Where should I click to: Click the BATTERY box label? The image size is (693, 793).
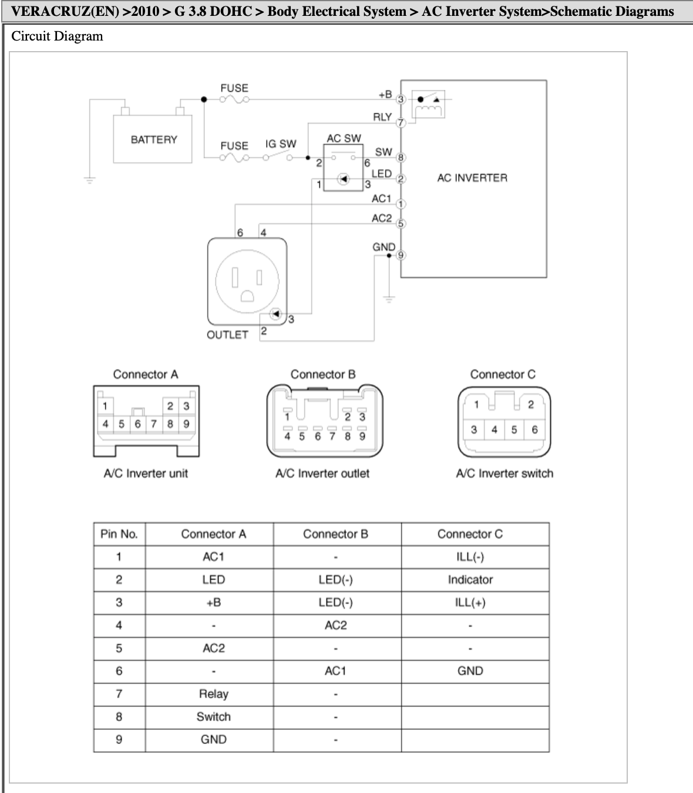point(154,140)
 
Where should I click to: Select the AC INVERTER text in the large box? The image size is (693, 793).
point(472,178)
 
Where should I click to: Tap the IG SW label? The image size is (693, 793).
point(281,144)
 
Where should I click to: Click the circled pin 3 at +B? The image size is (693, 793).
point(401,100)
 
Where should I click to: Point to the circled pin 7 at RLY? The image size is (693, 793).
point(401,123)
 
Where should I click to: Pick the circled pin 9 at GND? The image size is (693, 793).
point(401,255)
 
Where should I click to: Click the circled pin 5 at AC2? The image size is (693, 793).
point(401,224)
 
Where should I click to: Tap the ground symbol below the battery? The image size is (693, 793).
point(90,180)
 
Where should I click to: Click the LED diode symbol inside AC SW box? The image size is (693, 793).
point(343,179)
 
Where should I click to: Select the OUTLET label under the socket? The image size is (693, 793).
point(227,335)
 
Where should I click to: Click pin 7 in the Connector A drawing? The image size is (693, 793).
point(154,424)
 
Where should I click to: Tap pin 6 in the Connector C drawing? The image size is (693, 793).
point(534,429)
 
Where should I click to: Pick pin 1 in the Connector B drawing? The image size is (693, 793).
point(287,417)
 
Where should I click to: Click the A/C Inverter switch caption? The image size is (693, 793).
point(504,473)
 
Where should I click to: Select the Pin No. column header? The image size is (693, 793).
point(119,534)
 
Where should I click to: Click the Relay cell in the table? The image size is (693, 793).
point(213,694)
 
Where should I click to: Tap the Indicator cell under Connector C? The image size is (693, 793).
point(470,579)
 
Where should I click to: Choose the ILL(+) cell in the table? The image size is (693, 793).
point(470,602)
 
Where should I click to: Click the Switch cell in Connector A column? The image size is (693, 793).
point(213,717)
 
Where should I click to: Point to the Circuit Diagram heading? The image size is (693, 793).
point(58,36)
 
